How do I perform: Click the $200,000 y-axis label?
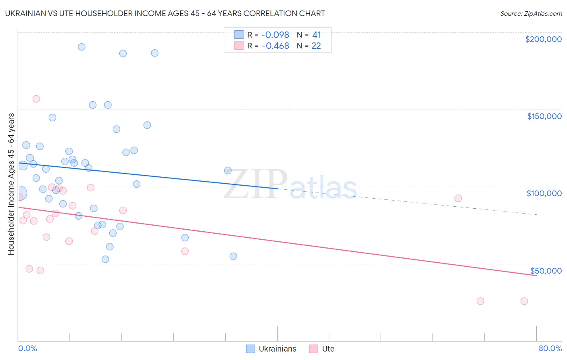(543, 39)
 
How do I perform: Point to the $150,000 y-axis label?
(544, 116)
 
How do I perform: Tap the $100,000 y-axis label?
(544, 193)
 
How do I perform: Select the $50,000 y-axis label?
(546, 270)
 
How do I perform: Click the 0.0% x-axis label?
(27, 348)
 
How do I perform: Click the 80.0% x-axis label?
(550, 348)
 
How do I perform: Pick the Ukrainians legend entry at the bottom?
(271, 349)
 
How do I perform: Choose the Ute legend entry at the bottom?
(322, 349)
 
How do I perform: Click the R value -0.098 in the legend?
(275, 35)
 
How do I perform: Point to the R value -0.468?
(275, 46)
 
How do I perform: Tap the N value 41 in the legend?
(317, 35)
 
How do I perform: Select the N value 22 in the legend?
(316, 46)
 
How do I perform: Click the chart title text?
(165, 13)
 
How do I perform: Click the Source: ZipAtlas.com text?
(531, 14)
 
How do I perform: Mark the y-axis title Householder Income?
(11, 184)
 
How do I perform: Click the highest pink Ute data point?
(36, 99)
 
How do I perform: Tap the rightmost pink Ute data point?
(524, 301)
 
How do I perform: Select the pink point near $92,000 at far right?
(458, 198)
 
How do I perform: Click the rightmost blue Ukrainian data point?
(233, 256)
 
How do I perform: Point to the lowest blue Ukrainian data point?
(105, 259)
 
